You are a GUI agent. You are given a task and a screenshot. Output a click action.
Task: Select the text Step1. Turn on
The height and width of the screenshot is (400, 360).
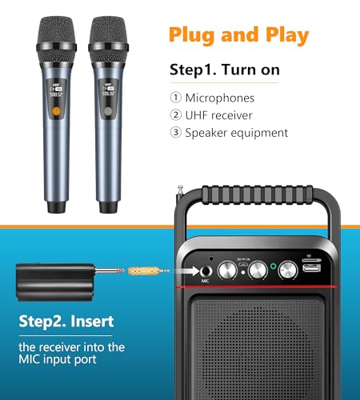point(224,70)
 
